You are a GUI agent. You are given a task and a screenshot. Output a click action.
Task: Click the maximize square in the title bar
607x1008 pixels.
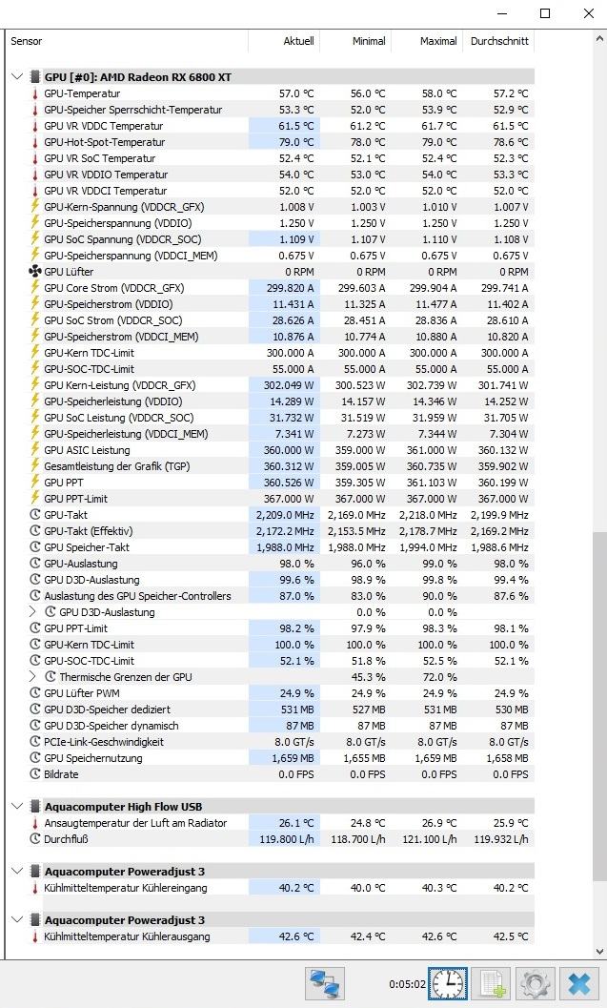pyautogui.click(x=545, y=13)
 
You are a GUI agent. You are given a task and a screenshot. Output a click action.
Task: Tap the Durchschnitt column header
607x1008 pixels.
pyautogui.click(x=498, y=41)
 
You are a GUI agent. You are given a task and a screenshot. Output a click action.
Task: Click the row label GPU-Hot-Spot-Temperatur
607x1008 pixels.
pyautogui.click(x=104, y=142)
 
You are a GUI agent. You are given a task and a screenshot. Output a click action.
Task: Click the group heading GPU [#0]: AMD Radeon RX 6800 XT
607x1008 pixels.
pyautogui.click(x=137, y=76)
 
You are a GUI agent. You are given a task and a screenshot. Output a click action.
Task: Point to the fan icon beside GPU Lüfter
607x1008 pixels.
pyautogui.click(x=35, y=272)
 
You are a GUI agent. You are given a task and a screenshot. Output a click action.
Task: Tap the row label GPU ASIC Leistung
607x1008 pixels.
pyautogui.click(x=87, y=450)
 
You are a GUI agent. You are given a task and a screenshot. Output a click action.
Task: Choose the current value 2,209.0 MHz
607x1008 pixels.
pyautogui.click(x=285, y=515)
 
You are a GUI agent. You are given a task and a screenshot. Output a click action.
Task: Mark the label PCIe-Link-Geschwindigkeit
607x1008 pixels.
pyautogui.click(x=104, y=742)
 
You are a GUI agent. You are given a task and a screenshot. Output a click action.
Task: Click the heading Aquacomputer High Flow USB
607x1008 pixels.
pyautogui.click(x=123, y=806)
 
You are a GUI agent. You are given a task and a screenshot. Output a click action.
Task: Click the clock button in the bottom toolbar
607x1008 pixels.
pyautogui.click(x=446, y=983)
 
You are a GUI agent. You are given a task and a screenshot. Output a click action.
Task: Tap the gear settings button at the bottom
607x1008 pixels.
pyautogui.click(x=535, y=983)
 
